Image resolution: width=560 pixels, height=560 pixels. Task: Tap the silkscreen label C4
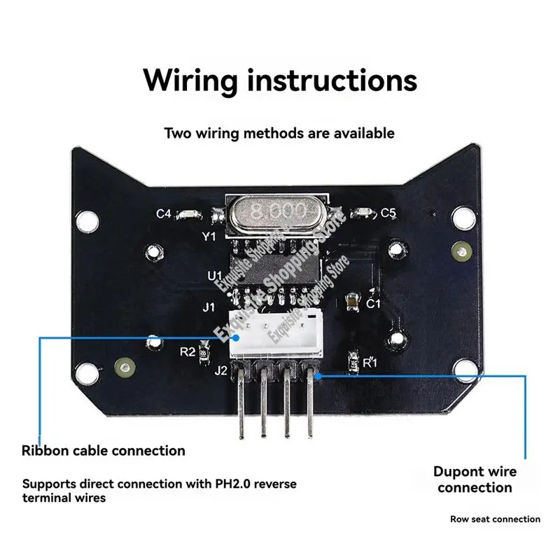coord(162,214)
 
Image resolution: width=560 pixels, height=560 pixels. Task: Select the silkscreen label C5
coord(388,213)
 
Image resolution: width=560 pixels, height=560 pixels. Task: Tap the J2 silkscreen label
coord(220,371)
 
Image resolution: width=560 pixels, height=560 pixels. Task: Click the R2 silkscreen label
coord(187,351)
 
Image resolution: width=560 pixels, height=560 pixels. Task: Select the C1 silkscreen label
coord(373,304)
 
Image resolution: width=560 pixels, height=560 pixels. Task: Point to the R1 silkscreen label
coord(370,363)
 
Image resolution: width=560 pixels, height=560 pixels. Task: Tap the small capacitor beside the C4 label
coord(188,214)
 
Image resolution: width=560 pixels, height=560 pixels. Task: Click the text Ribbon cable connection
coord(104,451)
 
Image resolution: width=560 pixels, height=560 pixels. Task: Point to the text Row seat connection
coord(496,519)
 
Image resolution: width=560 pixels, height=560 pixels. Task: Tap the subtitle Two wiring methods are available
coord(279,132)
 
